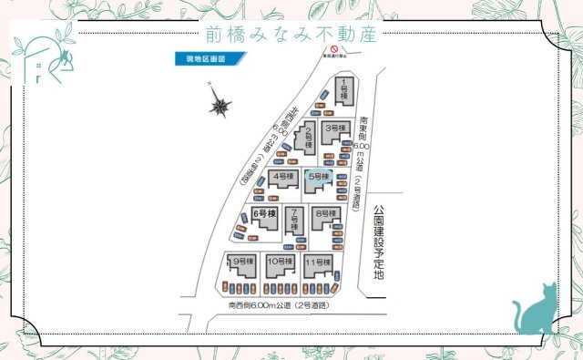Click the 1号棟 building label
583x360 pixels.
[x=344, y=90]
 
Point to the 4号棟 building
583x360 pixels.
[x=283, y=176]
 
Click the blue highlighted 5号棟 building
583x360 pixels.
[x=319, y=178]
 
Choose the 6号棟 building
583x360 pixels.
[x=263, y=217]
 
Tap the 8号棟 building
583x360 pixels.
[x=323, y=217]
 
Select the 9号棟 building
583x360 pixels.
[x=242, y=265]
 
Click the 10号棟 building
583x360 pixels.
[x=278, y=265]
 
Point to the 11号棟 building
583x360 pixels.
[x=317, y=265]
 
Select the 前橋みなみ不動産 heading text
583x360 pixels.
[x=291, y=35]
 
